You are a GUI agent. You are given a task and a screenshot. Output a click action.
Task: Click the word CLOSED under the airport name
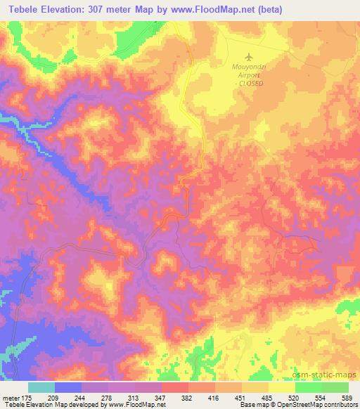[x=252, y=83]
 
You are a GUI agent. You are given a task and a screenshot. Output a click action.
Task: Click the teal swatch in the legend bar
[x=41, y=387]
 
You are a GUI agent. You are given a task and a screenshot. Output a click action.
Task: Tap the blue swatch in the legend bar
[x=68, y=387]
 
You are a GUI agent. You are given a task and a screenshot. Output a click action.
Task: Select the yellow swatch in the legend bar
[x=281, y=387]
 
